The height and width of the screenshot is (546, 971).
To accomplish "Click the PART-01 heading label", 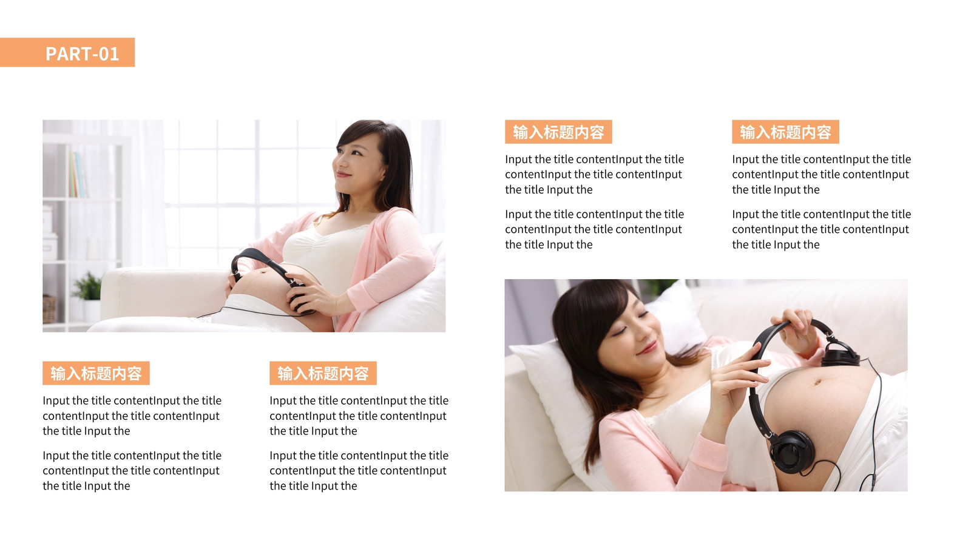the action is click(82, 54).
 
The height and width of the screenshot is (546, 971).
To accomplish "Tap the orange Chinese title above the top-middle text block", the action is click(558, 132).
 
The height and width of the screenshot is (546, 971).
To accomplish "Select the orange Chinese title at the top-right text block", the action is click(785, 132).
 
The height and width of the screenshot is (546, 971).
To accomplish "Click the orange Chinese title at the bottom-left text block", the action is click(96, 373).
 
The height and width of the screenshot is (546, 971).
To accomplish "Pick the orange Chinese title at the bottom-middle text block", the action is click(323, 373).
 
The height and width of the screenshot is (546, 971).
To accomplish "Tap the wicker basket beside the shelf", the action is click(49, 309).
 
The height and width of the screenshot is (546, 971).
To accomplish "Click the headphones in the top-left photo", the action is click(269, 277).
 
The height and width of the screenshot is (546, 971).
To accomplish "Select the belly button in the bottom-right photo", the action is click(817, 382).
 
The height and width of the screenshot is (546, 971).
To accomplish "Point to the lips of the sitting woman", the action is click(343, 174).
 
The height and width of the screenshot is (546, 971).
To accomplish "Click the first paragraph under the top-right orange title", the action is click(822, 174).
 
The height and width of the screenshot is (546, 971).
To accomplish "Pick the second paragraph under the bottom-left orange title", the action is click(132, 471).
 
